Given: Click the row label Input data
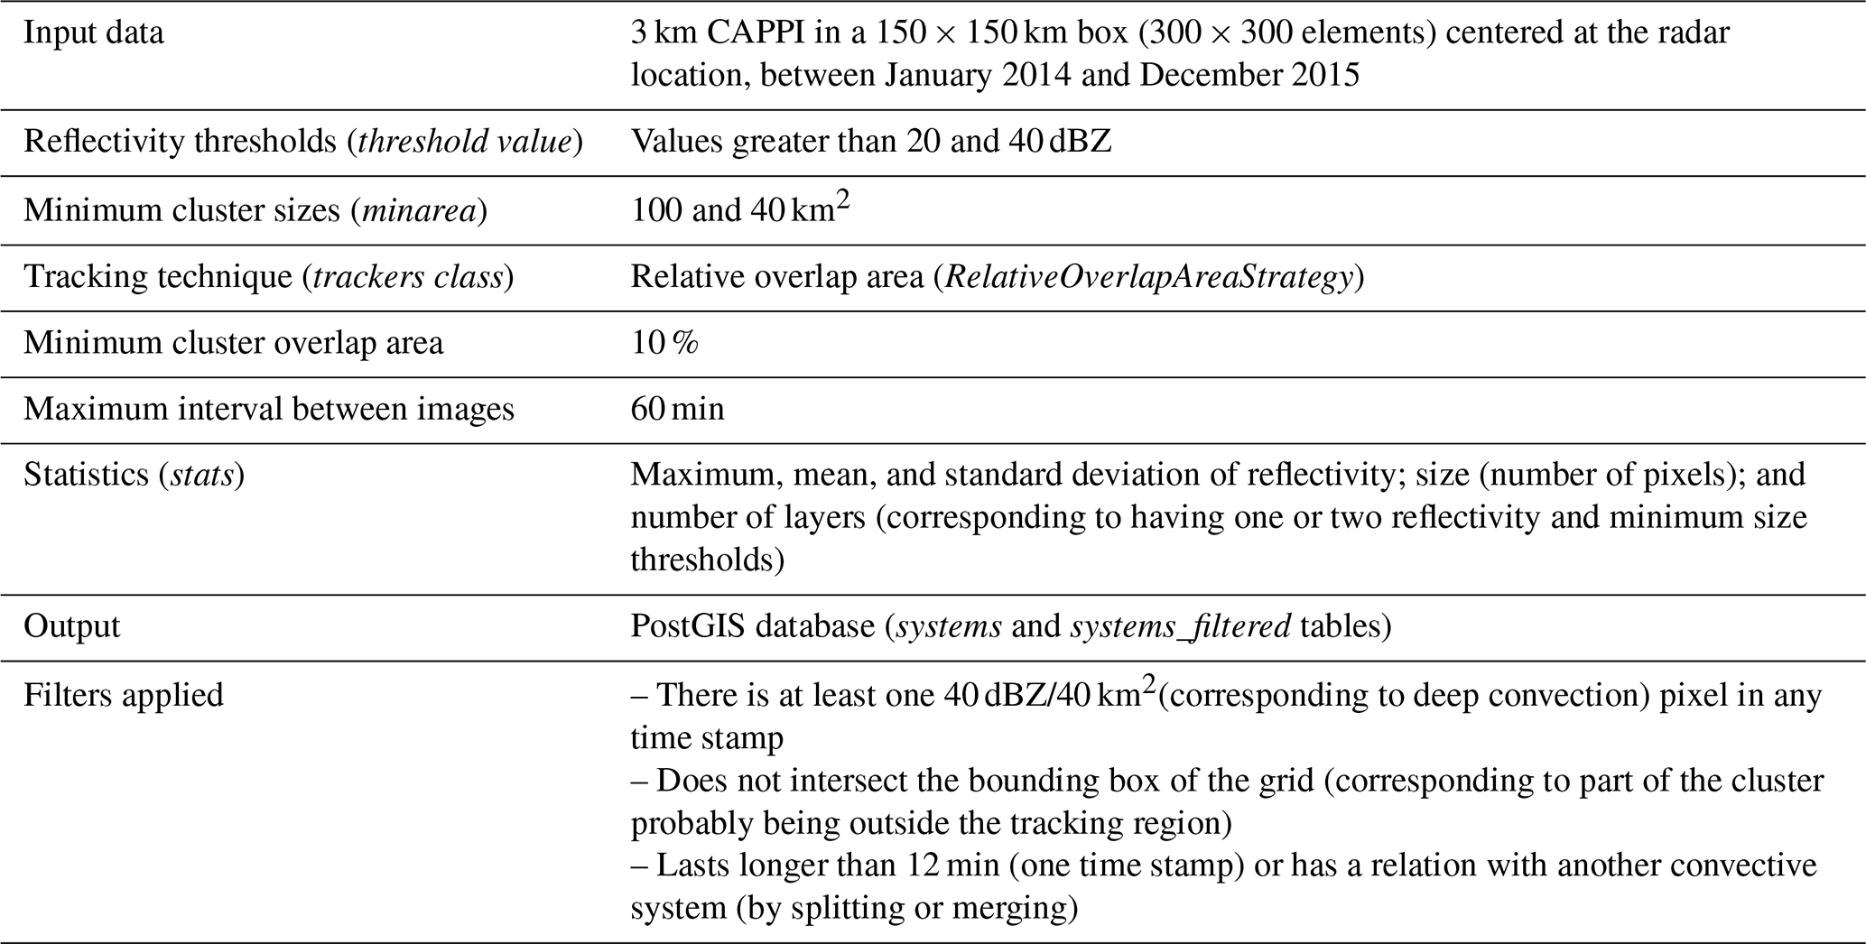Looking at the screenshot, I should coord(94,33).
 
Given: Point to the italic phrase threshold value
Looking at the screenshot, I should coord(465,143).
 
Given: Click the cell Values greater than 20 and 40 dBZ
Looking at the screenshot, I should coord(871,143).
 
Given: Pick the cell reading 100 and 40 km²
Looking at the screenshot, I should coord(740,208).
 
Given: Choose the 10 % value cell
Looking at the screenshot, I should coord(664,344).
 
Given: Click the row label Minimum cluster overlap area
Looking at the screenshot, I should coord(233,344).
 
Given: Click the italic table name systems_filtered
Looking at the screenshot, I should coord(1180,627).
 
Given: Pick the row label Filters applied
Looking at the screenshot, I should coord(123,696).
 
